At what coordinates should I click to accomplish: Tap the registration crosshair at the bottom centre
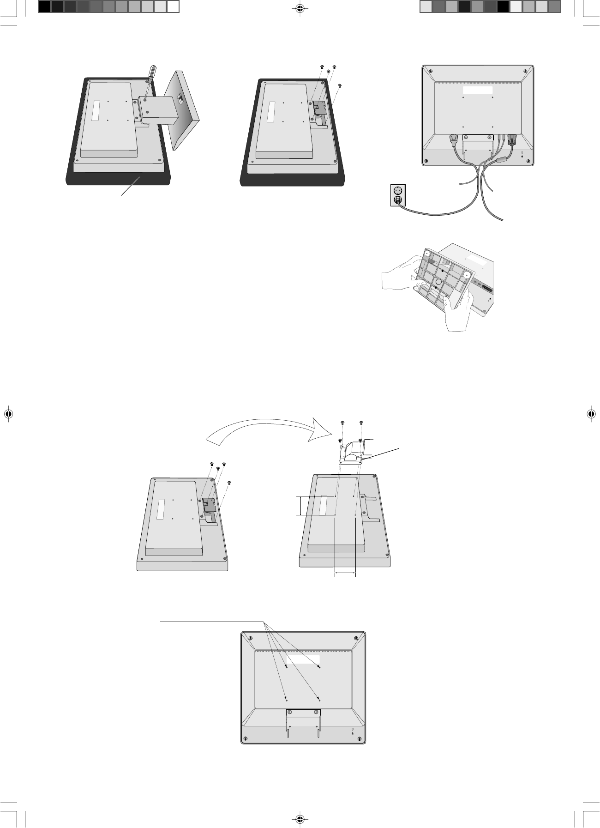tap(300, 819)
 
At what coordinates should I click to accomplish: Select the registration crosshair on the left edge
tap(8, 414)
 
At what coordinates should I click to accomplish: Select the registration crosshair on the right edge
tap(592, 414)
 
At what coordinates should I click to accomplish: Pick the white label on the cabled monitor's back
tap(478, 90)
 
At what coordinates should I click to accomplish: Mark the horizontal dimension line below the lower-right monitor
tap(345, 574)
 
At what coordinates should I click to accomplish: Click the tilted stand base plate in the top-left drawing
tap(182, 111)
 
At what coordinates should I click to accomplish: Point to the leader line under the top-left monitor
tap(132, 187)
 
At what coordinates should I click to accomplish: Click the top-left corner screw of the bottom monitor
tap(250, 639)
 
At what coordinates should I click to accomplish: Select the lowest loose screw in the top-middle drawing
tap(340, 85)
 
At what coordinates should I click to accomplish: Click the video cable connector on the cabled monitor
tap(511, 139)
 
